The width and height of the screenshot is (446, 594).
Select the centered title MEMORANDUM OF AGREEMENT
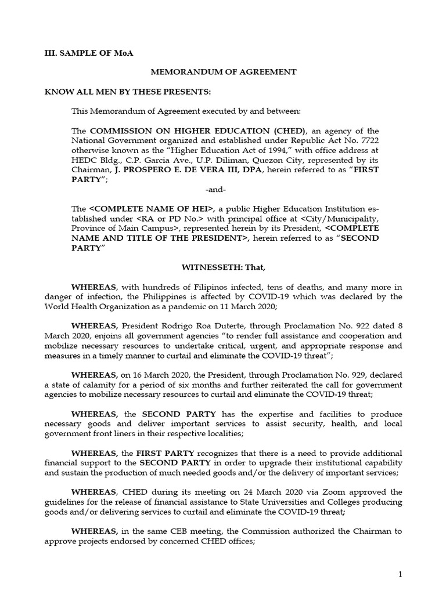(x=224, y=72)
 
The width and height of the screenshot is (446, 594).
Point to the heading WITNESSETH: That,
(x=224, y=267)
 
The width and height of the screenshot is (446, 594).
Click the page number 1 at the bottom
(x=400, y=574)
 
